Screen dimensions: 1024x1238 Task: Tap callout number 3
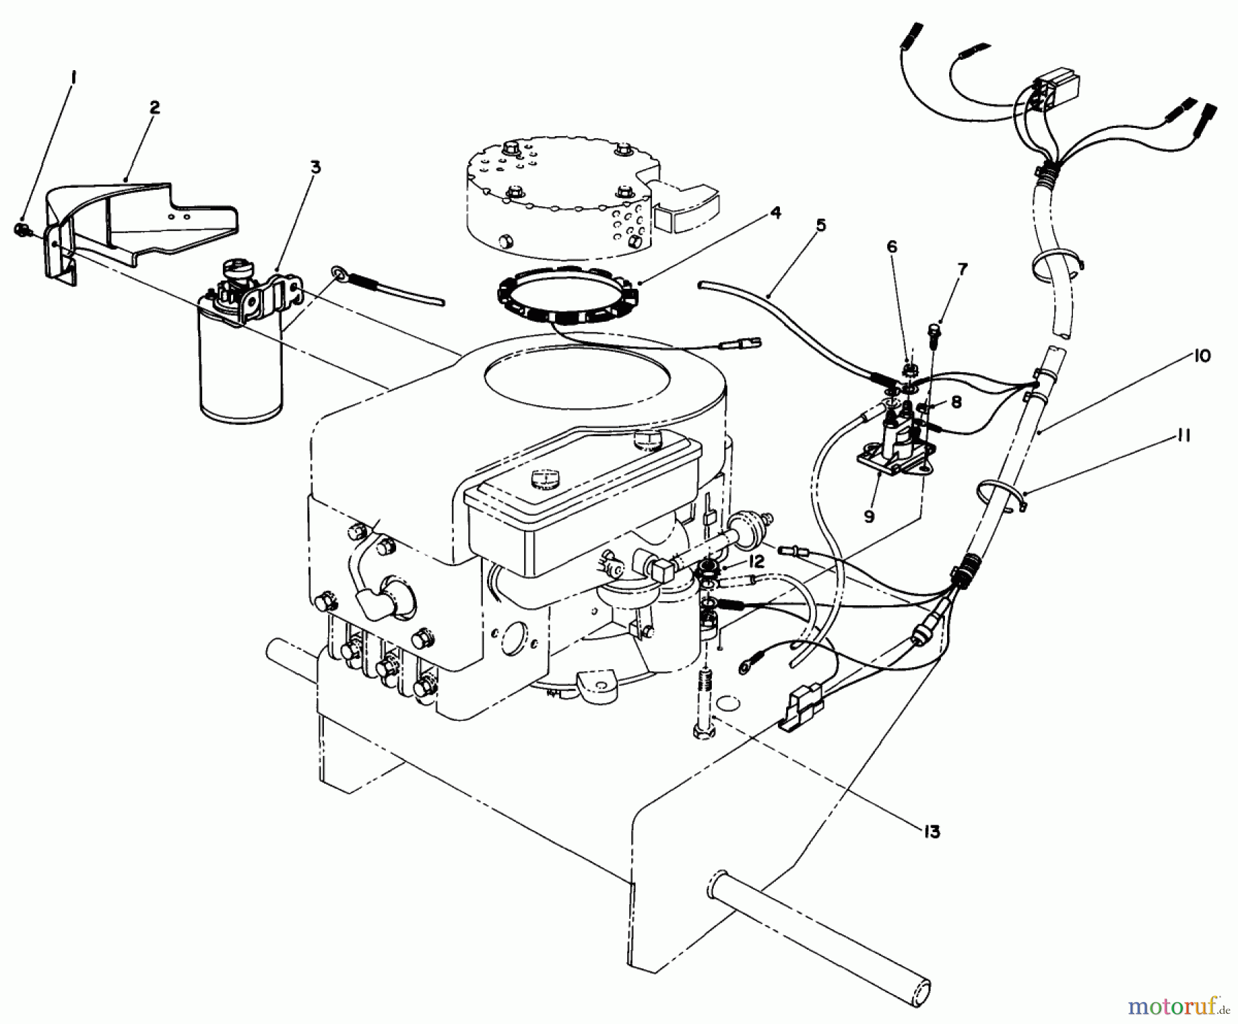[315, 167]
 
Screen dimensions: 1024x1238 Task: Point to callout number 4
[775, 214]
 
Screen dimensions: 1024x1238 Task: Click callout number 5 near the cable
[821, 226]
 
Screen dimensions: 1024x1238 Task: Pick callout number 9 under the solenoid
[869, 516]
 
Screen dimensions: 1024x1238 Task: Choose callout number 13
[931, 832]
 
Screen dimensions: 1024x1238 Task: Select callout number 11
[1184, 436]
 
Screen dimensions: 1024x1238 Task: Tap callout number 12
[756, 562]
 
